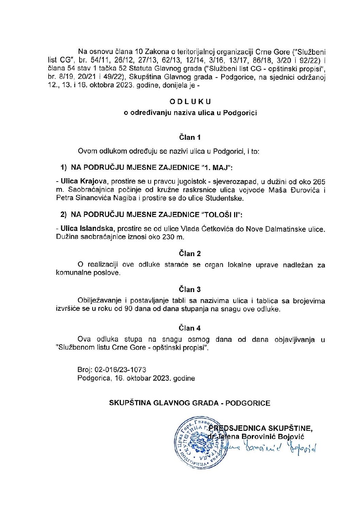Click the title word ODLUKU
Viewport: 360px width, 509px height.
click(190, 101)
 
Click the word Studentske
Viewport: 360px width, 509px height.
click(228, 198)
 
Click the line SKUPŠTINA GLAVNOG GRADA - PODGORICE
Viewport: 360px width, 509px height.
click(190, 403)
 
